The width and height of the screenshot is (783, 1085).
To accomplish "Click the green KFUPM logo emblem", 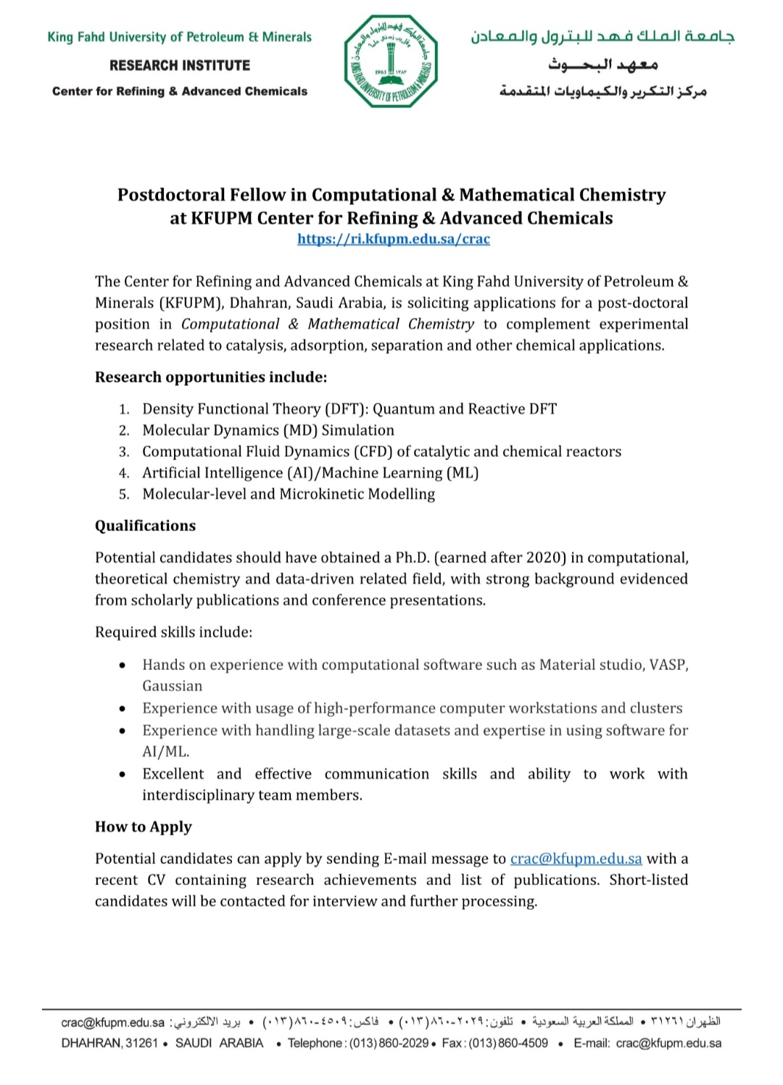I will tap(391, 62).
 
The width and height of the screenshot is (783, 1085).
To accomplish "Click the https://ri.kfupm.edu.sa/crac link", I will tap(394, 239).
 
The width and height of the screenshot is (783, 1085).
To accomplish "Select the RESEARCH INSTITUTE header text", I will tap(180, 65).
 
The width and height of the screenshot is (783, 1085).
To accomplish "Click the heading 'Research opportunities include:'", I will tap(211, 377).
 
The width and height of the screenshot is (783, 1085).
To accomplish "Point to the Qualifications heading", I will tap(145, 526).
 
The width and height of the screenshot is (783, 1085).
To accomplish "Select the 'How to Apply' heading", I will tap(144, 827).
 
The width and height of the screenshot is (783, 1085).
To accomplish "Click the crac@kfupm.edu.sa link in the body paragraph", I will tap(576, 859).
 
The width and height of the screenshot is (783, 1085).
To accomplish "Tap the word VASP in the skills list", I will tap(670, 665).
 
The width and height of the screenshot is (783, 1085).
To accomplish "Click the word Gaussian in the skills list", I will tap(173, 686).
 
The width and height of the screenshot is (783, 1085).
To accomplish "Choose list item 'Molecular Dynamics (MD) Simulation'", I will tap(268, 430).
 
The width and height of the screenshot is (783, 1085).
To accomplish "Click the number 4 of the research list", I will tap(124, 474).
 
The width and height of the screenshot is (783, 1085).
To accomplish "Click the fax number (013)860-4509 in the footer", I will tap(508, 1043).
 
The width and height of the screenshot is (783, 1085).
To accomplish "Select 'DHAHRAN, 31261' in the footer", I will tap(109, 1043).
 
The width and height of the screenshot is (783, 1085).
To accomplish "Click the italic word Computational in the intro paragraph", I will tap(230, 324).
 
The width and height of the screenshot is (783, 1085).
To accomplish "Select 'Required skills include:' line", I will tap(174, 632).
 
